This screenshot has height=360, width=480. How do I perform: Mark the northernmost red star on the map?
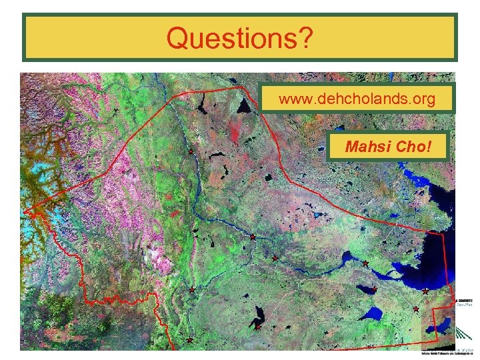coord(191,152)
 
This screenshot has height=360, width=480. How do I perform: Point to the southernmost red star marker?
coord(189,340)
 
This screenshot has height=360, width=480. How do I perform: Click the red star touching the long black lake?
coord(257,327)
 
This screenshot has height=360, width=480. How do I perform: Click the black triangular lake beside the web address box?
coord(245,105)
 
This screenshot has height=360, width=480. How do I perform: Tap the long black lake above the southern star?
coord(259,315)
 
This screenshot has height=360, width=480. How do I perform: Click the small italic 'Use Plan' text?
coord(465,309)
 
